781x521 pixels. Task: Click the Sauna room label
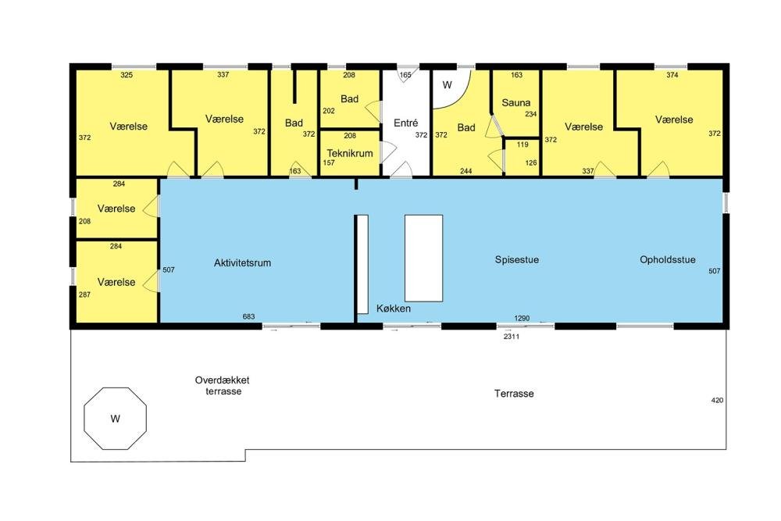coord(515,102)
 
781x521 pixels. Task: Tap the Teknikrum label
coord(350,153)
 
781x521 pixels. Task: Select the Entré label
coord(405,123)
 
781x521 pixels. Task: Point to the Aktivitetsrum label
coord(243,262)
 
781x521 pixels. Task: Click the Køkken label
coord(394,309)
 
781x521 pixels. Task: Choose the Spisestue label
coord(516,259)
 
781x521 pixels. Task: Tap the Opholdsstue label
coord(668,259)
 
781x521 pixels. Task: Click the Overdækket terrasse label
coord(223,386)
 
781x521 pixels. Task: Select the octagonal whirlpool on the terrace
coord(115,419)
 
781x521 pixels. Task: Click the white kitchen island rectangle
coord(423,258)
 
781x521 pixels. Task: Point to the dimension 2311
coord(512,337)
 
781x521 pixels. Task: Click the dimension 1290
coord(522,318)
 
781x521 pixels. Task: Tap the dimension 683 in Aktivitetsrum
coord(248,316)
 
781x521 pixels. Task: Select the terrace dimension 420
coord(717,400)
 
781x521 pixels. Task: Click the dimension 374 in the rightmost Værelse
coord(672,75)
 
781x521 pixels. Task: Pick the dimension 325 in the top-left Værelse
coord(127,75)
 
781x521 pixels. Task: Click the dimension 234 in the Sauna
coord(531,114)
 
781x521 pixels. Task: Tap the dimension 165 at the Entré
coord(405,75)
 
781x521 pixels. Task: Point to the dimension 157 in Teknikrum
coord(329,163)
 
